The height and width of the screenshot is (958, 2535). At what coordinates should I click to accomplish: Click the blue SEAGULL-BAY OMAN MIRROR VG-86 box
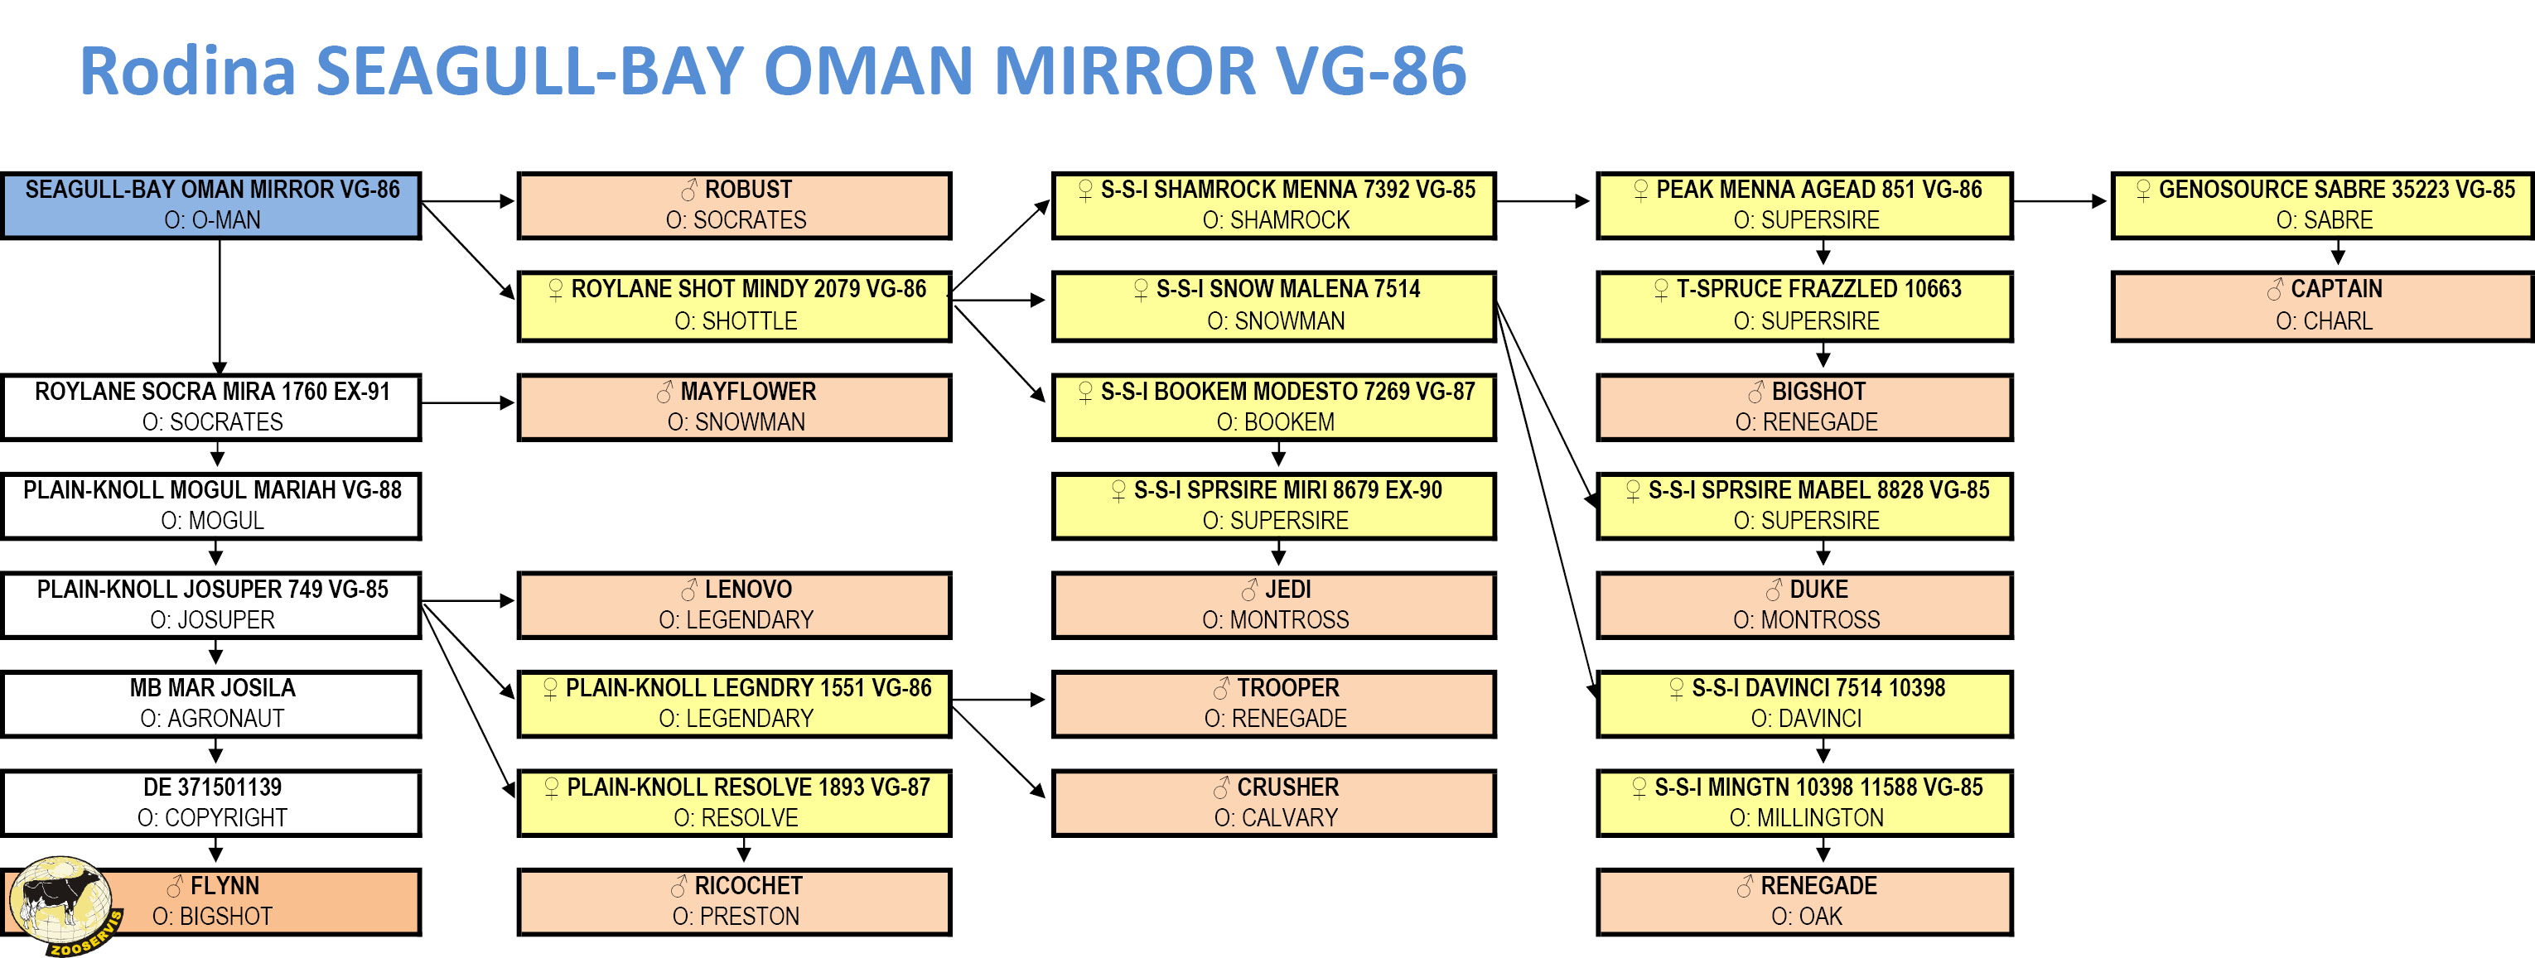coord(211,205)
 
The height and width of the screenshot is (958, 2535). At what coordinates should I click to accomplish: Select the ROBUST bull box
coord(734,205)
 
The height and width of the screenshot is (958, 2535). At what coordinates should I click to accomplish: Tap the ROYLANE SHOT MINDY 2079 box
coord(734,306)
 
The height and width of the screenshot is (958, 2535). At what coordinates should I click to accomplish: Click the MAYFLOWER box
coord(734,407)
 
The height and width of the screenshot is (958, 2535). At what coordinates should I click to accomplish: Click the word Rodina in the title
coord(187,71)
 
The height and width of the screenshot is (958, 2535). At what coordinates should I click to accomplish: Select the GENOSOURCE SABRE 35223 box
coord(2322,205)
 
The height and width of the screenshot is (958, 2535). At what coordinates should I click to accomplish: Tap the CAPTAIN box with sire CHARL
coord(2322,306)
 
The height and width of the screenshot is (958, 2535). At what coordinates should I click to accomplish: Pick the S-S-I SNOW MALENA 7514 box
coord(1273,306)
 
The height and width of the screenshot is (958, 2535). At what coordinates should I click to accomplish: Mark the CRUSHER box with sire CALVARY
coord(1273,802)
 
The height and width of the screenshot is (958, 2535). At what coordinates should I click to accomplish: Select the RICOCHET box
coord(734,902)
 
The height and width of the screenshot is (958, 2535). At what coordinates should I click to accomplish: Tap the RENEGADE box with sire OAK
coord(1805,902)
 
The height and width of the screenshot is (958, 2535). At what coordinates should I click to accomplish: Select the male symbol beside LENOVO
coord(689,590)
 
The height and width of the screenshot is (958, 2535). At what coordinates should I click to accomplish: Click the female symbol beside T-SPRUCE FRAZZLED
coord(1661,290)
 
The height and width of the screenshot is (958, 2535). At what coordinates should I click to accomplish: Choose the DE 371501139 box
coord(211,802)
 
